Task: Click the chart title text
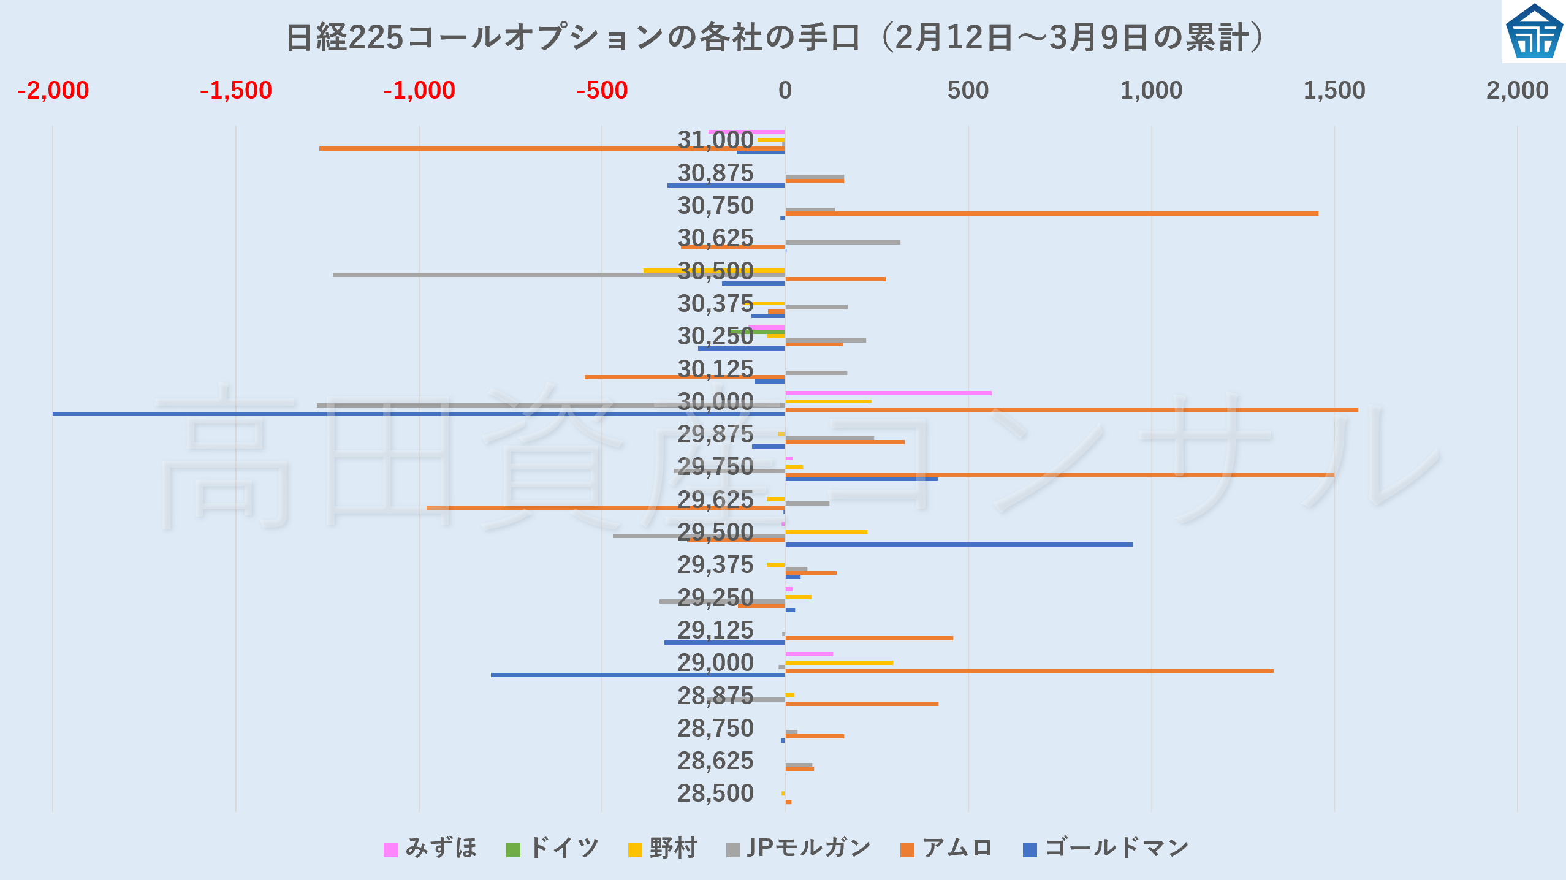pyautogui.click(x=775, y=38)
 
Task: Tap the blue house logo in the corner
pyautogui.click(x=1534, y=32)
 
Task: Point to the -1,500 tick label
pyautogui.click(x=236, y=91)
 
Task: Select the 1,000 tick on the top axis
pyautogui.click(x=1151, y=91)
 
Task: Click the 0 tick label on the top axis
pyautogui.click(x=785, y=91)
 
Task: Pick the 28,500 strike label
pyautogui.click(x=715, y=794)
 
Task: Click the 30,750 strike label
pyautogui.click(x=715, y=206)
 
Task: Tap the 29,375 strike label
pyautogui.click(x=715, y=565)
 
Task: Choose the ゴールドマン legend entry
pyautogui.click(x=1106, y=849)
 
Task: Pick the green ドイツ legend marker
pyautogui.click(x=513, y=850)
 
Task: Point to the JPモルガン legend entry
pyautogui.click(x=799, y=849)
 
